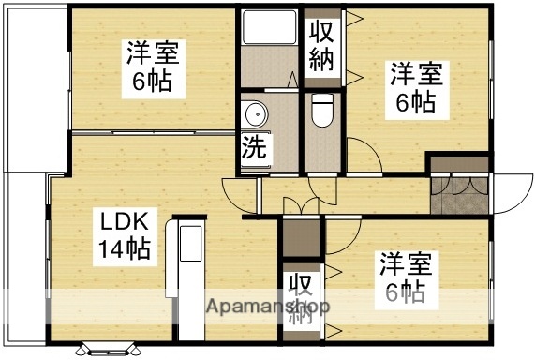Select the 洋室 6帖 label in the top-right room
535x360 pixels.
[412, 87]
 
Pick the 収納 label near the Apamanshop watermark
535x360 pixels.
[301, 297]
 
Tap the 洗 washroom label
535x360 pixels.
[254, 146]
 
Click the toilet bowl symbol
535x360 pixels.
[320, 111]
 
